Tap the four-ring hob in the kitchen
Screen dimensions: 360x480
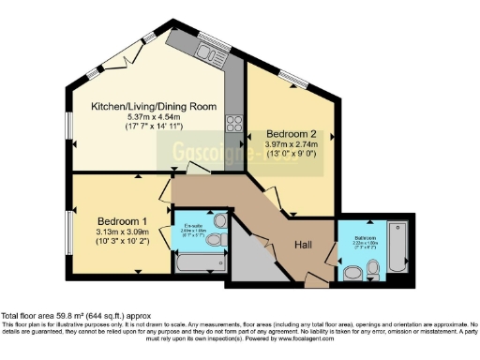point(233,125)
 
